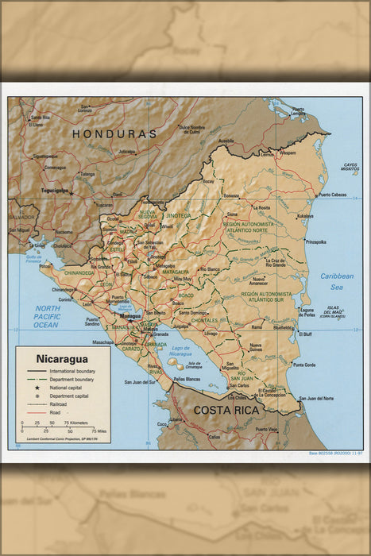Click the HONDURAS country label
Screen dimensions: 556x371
tap(114, 134)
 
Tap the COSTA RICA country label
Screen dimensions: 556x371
tap(227, 410)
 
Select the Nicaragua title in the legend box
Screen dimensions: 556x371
tap(61, 358)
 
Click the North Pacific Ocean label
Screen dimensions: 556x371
tap(47, 316)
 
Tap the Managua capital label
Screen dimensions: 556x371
tap(129, 315)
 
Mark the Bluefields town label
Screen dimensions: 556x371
tap(283, 327)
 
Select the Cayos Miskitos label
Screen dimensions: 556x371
tap(350, 167)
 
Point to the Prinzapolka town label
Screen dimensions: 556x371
tap(315, 241)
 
